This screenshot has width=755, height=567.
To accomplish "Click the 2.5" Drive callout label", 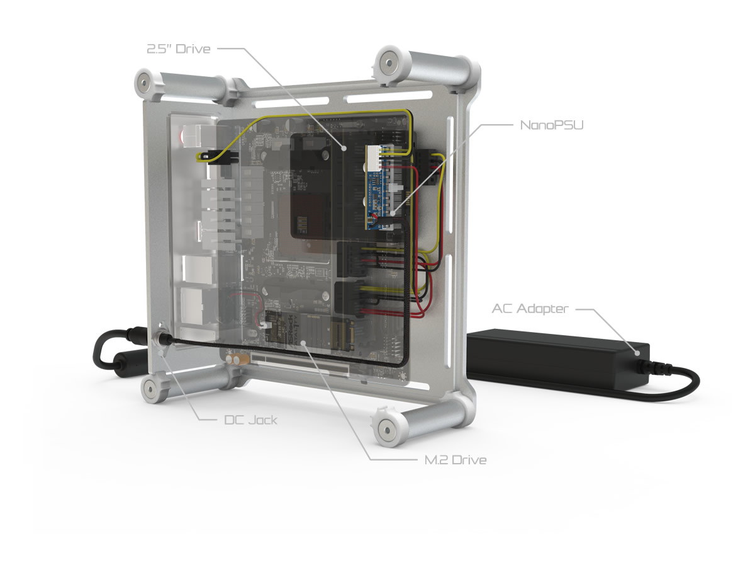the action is tap(179, 49).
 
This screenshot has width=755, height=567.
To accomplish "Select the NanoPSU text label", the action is tap(551, 125).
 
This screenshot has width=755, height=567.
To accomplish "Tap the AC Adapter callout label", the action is tap(530, 309).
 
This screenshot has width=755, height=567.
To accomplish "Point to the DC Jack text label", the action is tap(250, 420).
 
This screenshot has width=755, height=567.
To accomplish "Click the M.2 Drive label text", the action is tap(456, 460).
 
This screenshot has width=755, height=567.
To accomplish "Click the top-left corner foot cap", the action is tap(145, 83).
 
